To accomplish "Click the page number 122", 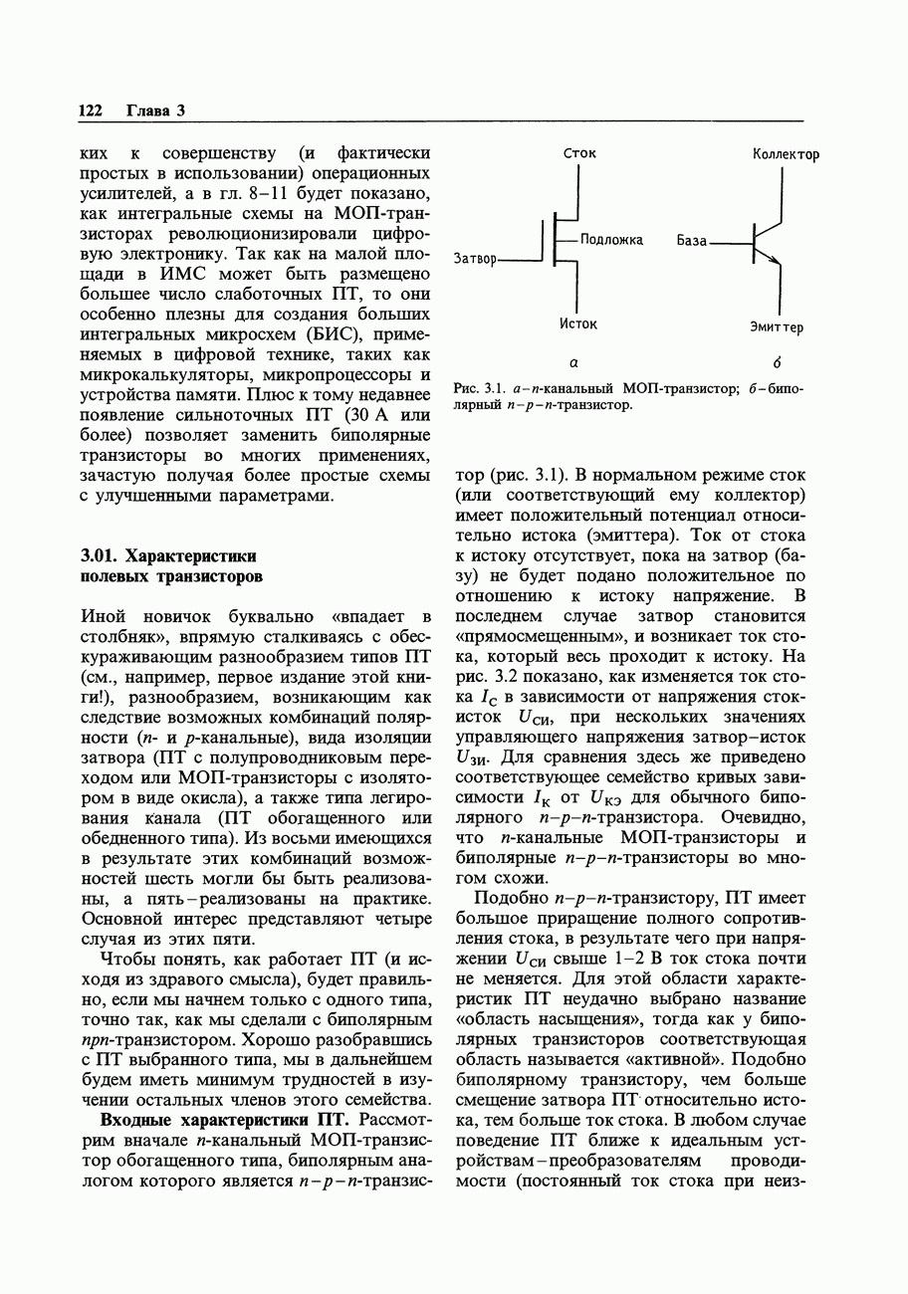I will (90, 109).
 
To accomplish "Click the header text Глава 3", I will (155, 109).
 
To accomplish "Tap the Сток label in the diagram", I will (579, 153).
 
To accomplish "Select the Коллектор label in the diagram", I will (787, 154).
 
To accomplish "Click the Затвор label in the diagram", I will (474, 259).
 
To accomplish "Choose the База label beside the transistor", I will (691, 241).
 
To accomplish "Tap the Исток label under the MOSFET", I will (578, 323).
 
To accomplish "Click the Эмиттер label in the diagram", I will (778, 326).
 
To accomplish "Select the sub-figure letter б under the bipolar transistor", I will (775, 362).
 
